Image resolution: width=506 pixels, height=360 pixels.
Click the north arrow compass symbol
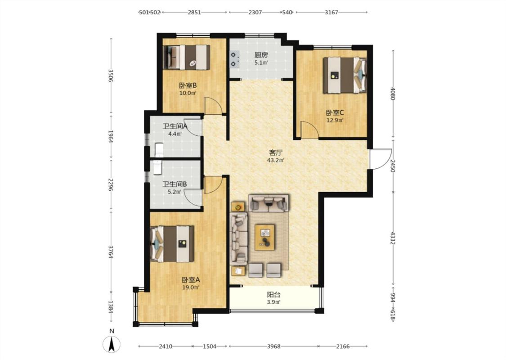[x=112, y=344]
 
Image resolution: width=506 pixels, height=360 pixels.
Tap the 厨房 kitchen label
[x=261, y=55]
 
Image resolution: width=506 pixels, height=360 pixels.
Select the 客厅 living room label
[x=276, y=153]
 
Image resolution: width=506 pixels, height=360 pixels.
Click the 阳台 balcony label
[x=273, y=294]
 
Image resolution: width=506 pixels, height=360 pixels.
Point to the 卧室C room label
[x=335, y=112]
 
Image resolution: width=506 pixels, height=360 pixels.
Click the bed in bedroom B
[x=187, y=57]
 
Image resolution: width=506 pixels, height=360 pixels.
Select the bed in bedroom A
[x=172, y=244]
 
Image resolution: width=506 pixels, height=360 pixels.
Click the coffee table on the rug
[x=265, y=237]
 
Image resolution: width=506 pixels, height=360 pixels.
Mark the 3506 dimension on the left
[x=111, y=76]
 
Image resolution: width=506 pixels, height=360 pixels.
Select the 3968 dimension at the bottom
[x=273, y=346]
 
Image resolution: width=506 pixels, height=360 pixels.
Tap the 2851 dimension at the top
[x=194, y=12]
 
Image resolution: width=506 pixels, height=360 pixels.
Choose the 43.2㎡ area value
[x=276, y=160]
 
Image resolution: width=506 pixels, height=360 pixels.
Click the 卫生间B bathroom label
[x=175, y=184]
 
